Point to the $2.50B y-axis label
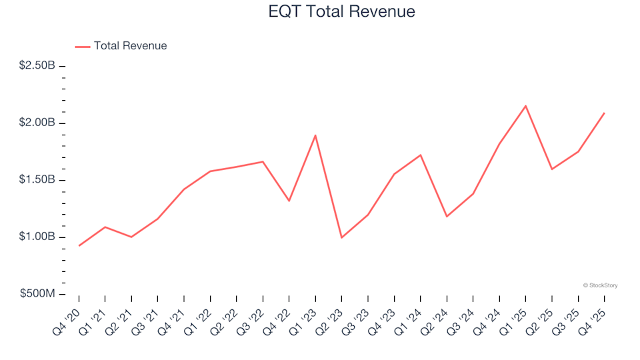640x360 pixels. (37, 66)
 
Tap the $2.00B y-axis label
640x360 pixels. (37, 123)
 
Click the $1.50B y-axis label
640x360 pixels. (37, 180)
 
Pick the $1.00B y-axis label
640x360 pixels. (37, 237)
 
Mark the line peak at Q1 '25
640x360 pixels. (525, 106)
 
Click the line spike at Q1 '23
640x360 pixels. (315, 135)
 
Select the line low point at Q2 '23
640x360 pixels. (341, 237)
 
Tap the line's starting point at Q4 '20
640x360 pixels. (79, 245)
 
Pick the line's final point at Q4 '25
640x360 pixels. (604, 113)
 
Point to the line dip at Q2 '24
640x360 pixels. (447, 217)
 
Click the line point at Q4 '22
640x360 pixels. (289, 201)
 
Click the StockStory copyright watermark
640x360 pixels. (600, 285)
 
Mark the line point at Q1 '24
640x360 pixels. (420, 155)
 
